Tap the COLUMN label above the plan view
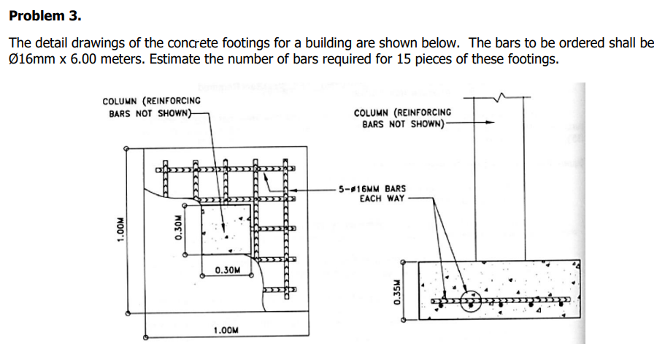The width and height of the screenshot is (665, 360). tap(151, 107)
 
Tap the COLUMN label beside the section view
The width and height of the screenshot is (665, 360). tap(402, 118)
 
